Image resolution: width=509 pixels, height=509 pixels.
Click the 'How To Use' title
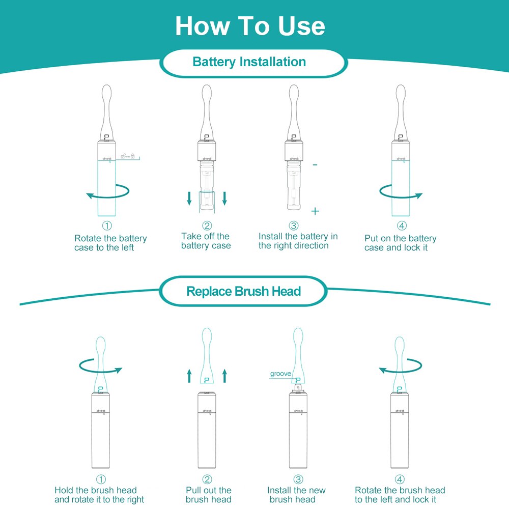click(x=250, y=26)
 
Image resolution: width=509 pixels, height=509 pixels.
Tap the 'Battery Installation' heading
click(x=249, y=62)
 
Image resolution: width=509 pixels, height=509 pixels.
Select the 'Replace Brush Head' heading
click(x=243, y=291)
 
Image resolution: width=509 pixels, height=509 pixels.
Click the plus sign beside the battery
click(x=315, y=211)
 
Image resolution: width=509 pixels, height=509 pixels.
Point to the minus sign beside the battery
click(x=315, y=165)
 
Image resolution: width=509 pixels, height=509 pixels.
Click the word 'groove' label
click(x=280, y=374)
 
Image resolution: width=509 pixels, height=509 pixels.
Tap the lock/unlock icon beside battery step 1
click(x=128, y=156)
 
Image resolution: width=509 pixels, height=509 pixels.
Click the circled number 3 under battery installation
click(x=294, y=225)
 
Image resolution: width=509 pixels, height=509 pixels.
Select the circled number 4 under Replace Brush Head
click(x=400, y=479)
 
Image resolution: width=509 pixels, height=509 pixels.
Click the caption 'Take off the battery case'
click(x=206, y=241)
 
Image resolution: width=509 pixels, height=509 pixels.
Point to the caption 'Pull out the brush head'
click(x=208, y=495)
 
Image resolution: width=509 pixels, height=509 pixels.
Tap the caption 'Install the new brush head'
click(x=296, y=495)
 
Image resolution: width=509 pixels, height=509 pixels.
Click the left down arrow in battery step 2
click(x=189, y=199)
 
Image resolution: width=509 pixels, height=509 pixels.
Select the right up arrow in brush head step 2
click(x=224, y=376)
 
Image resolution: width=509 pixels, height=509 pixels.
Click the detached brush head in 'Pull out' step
click(x=207, y=355)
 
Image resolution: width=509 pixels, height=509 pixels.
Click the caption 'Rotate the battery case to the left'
click(x=110, y=243)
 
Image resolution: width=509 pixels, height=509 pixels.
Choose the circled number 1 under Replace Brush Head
click(x=101, y=479)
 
